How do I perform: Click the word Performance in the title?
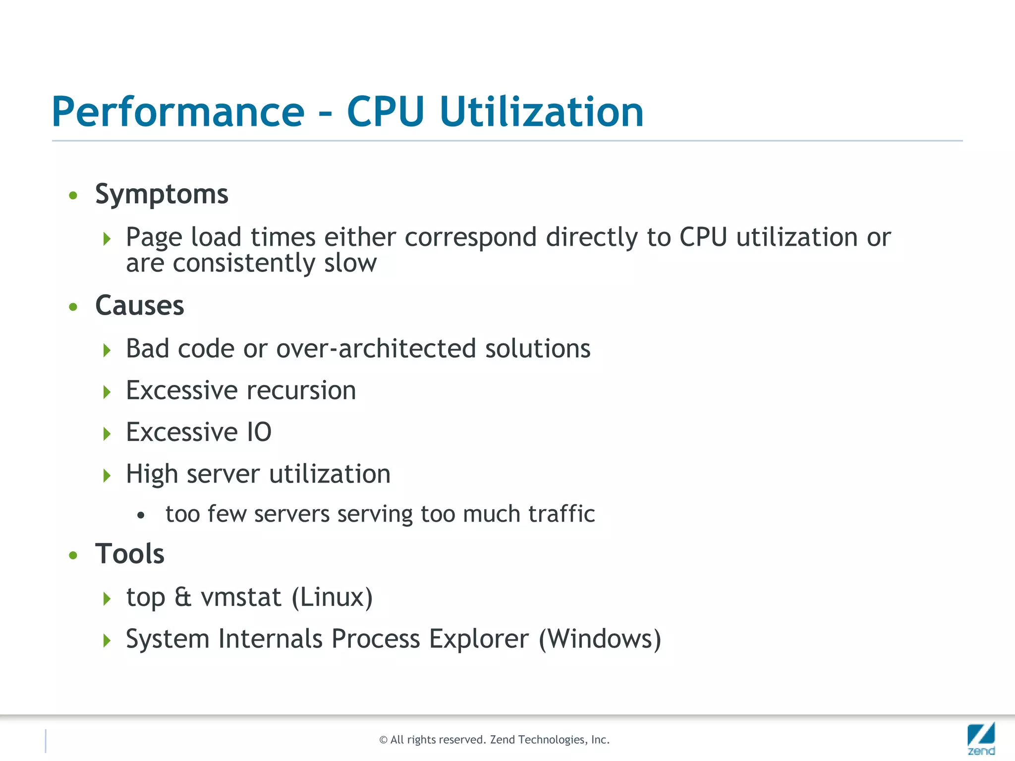coord(178,112)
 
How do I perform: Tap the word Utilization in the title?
coord(541,112)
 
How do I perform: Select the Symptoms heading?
coord(162,194)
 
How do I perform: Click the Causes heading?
coord(139,306)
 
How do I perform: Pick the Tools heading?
coord(129,554)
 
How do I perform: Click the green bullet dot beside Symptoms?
coord(73,196)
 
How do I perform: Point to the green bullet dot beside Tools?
coord(73,555)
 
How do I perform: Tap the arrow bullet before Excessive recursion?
coord(107,392)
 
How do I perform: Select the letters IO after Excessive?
coord(259,433)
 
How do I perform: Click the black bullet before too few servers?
coord(141,516)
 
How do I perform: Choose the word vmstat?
coord(241,598)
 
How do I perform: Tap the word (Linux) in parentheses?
coord(332,598)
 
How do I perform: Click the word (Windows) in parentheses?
coord(600,639)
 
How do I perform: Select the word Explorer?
coord(479,639)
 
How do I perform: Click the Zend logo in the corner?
coord(981,738)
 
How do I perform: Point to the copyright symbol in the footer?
coord(383,740)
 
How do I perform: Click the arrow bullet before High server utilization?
coord(107,476)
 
